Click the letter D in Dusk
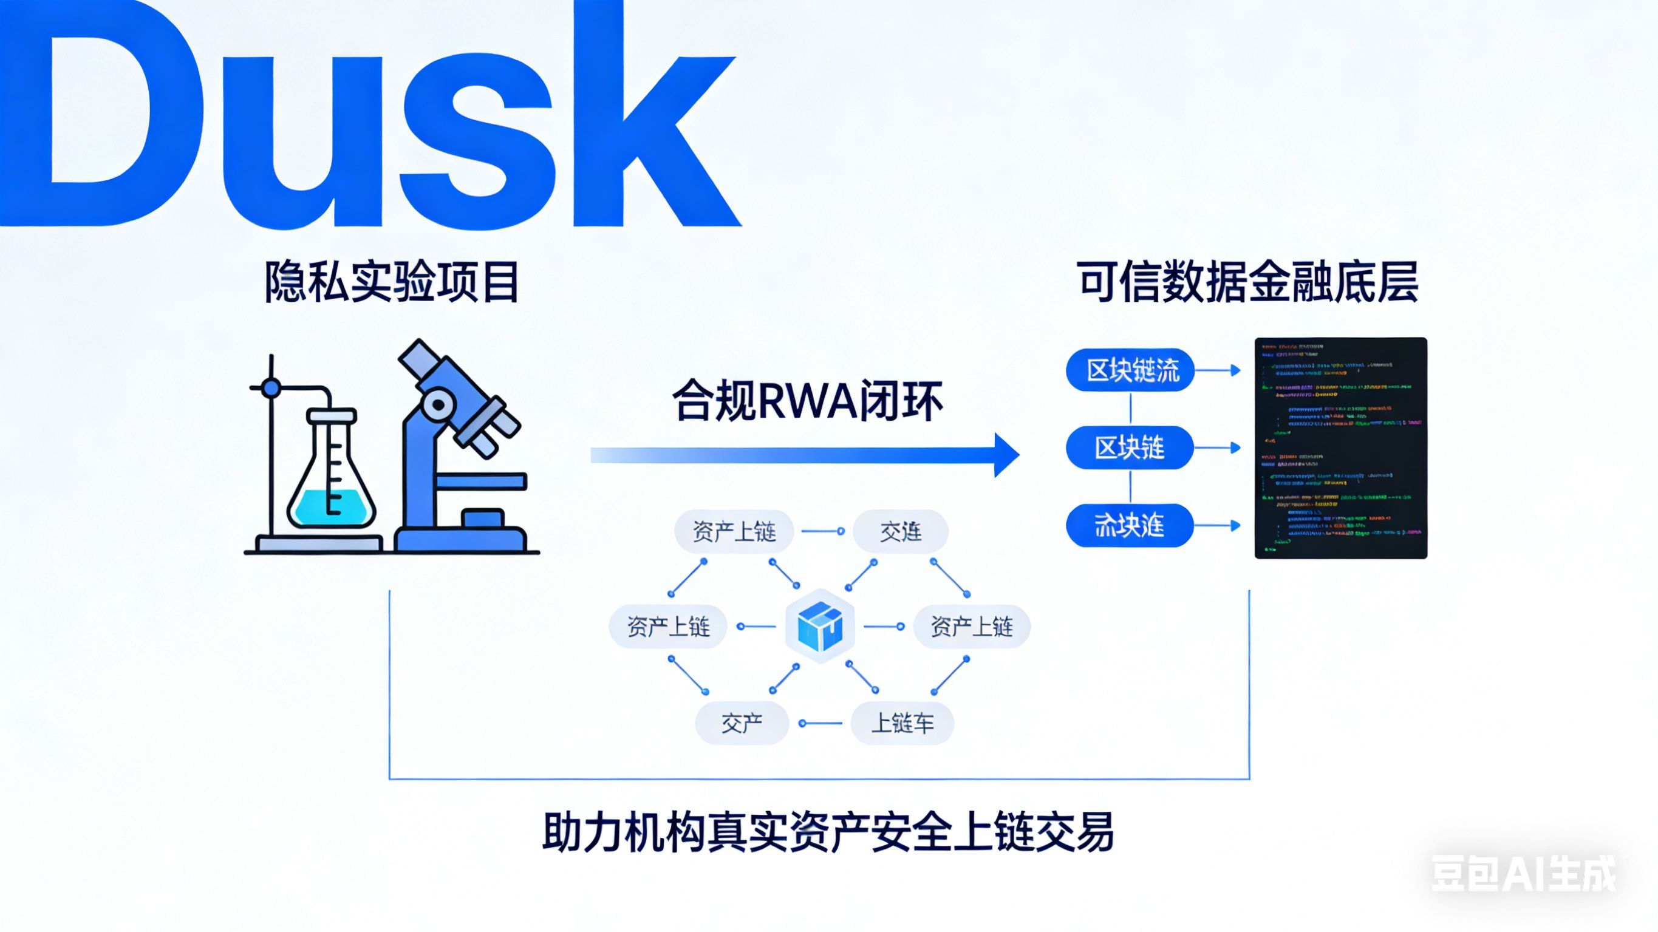pos(97,116)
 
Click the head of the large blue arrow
pos(1006,455)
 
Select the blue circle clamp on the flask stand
pos(271,387)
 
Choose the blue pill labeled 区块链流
pos(1130,370)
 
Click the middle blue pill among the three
pos(1130,448)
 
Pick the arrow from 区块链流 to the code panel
pos(1218,370)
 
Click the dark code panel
pos(1341,448)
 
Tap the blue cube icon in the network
pos(820,625)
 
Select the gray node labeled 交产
pos(742,724)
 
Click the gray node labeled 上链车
pos(902,724)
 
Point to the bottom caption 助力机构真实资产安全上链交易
pos(828,833)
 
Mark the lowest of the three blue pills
pos(1130,526)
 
